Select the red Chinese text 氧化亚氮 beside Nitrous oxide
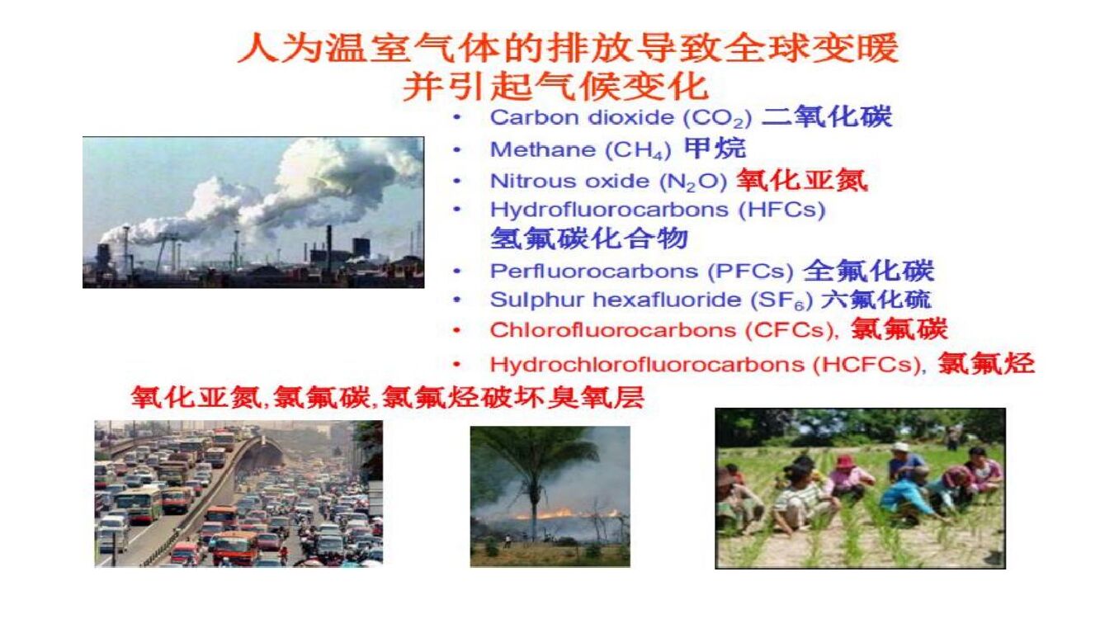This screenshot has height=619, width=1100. click(x=801, y=180)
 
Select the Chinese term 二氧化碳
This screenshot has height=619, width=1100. click(x=826, y=116)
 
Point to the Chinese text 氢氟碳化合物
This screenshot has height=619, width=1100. click(x=588, y=239)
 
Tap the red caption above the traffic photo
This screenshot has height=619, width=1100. click(x=388, y=397)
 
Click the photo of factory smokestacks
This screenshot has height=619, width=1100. click(x=253, y=212)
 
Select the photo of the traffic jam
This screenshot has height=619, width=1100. click(x=238, y=494)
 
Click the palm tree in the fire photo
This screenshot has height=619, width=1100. click(x=536, y=470)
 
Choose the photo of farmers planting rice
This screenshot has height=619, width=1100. click(x=860, y=488)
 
